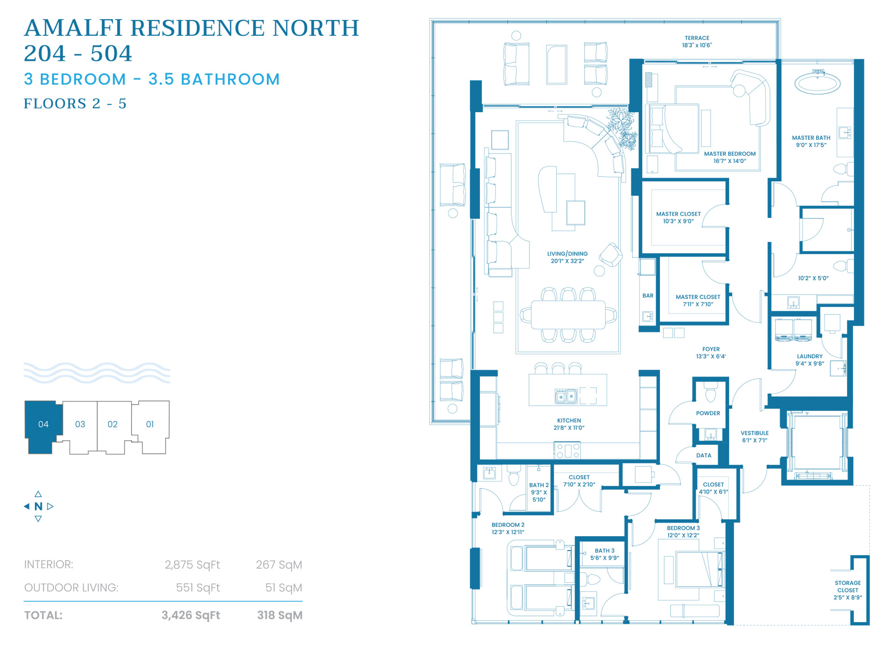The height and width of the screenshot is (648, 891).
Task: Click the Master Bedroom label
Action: (x=730, y=157)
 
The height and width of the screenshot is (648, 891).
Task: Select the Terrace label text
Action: (x=697, y=42)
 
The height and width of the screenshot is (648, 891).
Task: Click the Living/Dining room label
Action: (x=567, y=257)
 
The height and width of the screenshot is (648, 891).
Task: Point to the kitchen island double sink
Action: (x=566, y=397)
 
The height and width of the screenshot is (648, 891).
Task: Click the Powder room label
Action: (x=708, y=413)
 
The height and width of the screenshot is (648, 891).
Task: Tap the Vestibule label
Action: (x=755, y=436)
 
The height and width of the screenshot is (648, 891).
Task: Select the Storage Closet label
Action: (x=847, y=590)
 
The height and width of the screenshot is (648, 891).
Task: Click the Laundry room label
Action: (x=809, y=360)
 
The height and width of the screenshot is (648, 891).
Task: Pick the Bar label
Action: (x=648, y=295)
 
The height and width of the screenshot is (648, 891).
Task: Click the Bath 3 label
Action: (x=604, y=554)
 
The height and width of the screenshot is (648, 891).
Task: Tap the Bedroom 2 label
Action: (x=508, y=528)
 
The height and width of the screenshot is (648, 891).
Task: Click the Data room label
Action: (x=704, y=456)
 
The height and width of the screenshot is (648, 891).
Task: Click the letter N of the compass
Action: (x=39, y=507)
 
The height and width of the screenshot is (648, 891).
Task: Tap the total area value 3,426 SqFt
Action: (x=191, y=616)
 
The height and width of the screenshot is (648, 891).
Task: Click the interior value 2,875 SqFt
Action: (x=192, y=565)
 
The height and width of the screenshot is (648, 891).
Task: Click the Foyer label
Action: (x=710, y=353)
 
